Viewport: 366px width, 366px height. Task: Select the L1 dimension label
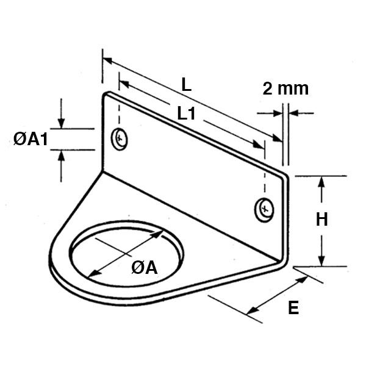(187, 113)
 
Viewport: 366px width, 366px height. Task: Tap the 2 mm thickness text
(285, 89)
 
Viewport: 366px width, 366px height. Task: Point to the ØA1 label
(30, 140)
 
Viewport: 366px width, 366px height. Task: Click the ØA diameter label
(145, 267)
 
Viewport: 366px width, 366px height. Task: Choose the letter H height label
(321, 220)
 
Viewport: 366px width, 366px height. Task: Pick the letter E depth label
(293, 309)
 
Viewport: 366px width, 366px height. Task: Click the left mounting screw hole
(120, 139)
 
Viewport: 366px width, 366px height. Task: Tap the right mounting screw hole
(264, 209)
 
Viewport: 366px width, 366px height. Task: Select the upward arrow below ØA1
(61, 155)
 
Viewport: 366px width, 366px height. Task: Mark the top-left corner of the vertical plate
(106, 94)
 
